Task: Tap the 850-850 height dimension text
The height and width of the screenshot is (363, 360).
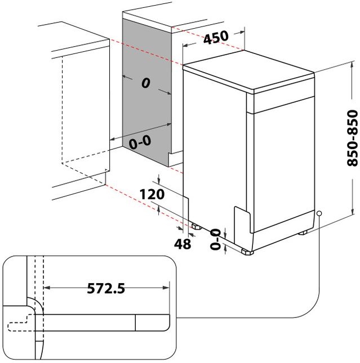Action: point(352,137)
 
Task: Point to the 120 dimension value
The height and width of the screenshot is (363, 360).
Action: point(152,195)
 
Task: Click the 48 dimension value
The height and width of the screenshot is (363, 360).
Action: point(183,244)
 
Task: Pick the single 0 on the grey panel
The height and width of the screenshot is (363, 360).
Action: point(145,83)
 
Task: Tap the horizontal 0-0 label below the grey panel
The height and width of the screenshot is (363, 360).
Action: point(140,143)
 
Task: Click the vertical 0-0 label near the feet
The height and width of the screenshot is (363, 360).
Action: point(215,237)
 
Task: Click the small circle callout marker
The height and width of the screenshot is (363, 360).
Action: point(319,214)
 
